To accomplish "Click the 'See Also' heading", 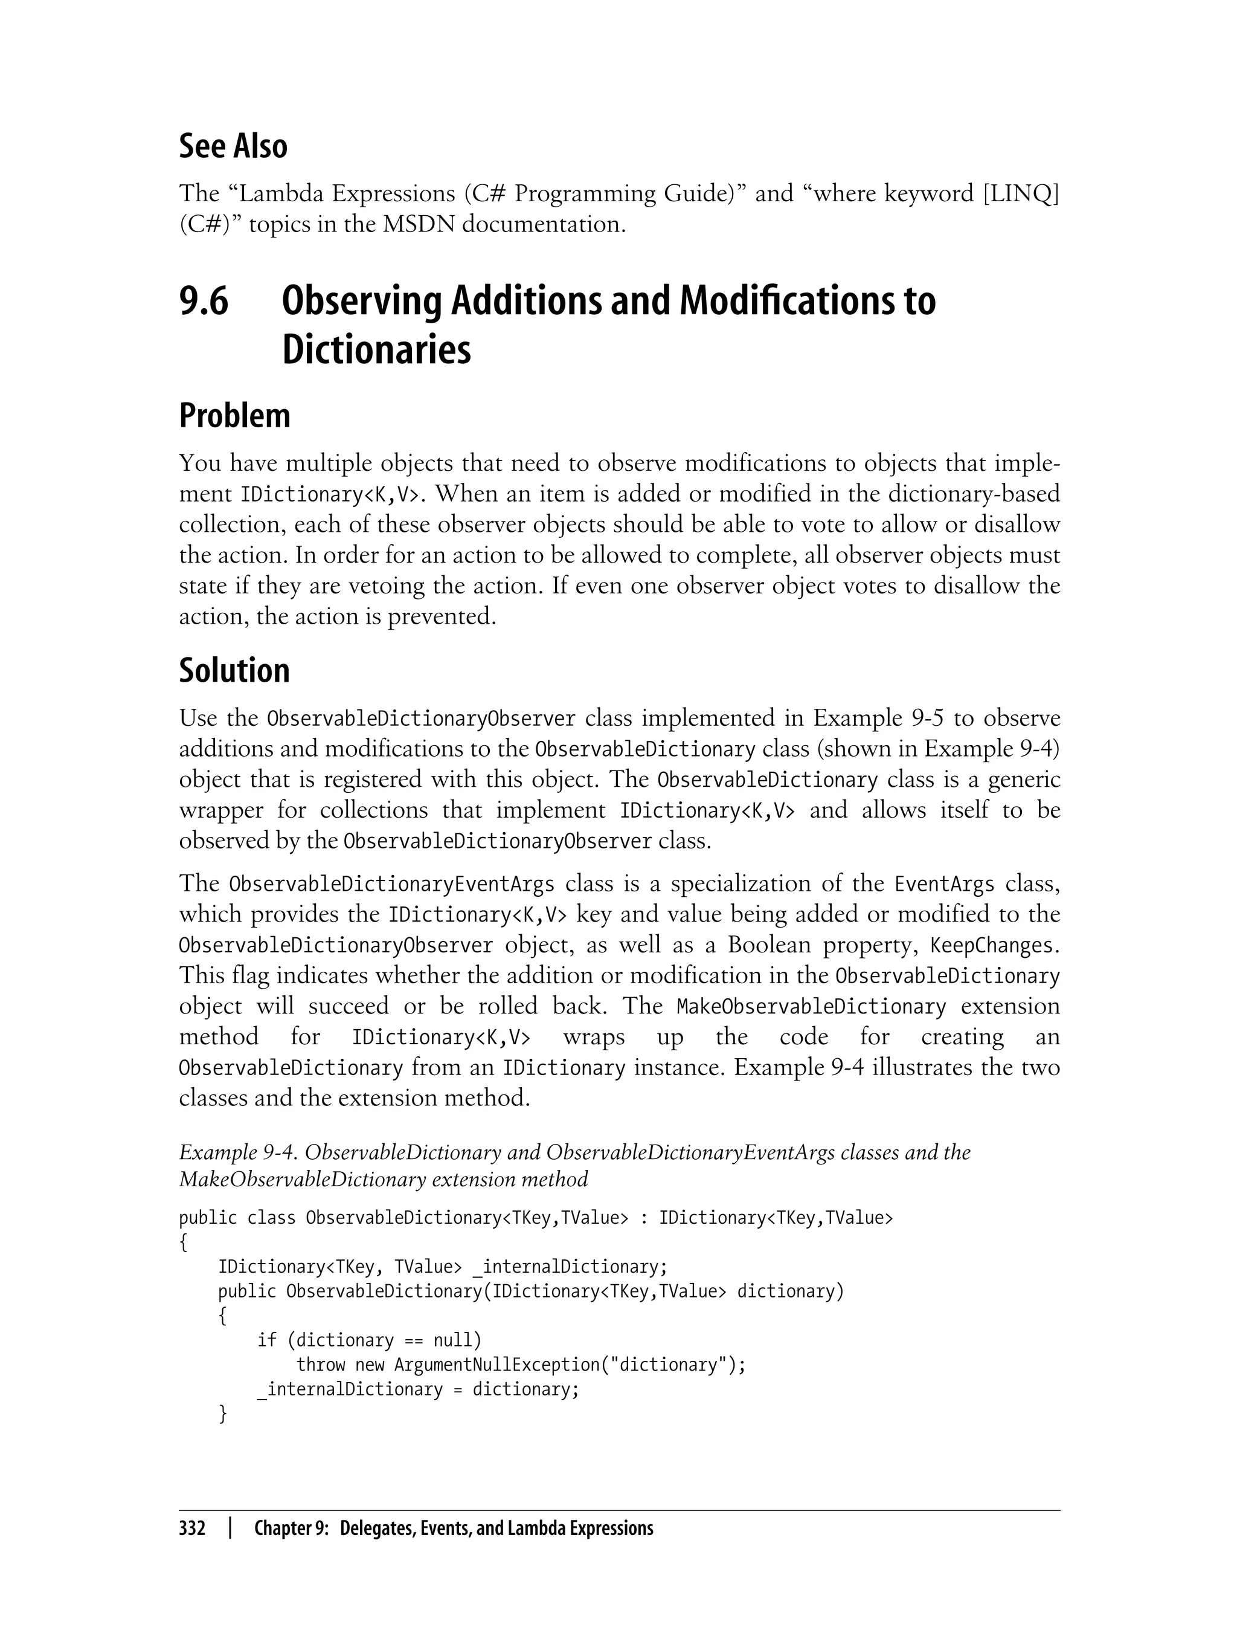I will (x=233, y=146).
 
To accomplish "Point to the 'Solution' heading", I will (x=234, y=671).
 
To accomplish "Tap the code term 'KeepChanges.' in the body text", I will (x=994, y=945).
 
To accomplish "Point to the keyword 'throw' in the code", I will (x=320, y=1365).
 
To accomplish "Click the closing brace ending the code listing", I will (x=222, y=1414).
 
